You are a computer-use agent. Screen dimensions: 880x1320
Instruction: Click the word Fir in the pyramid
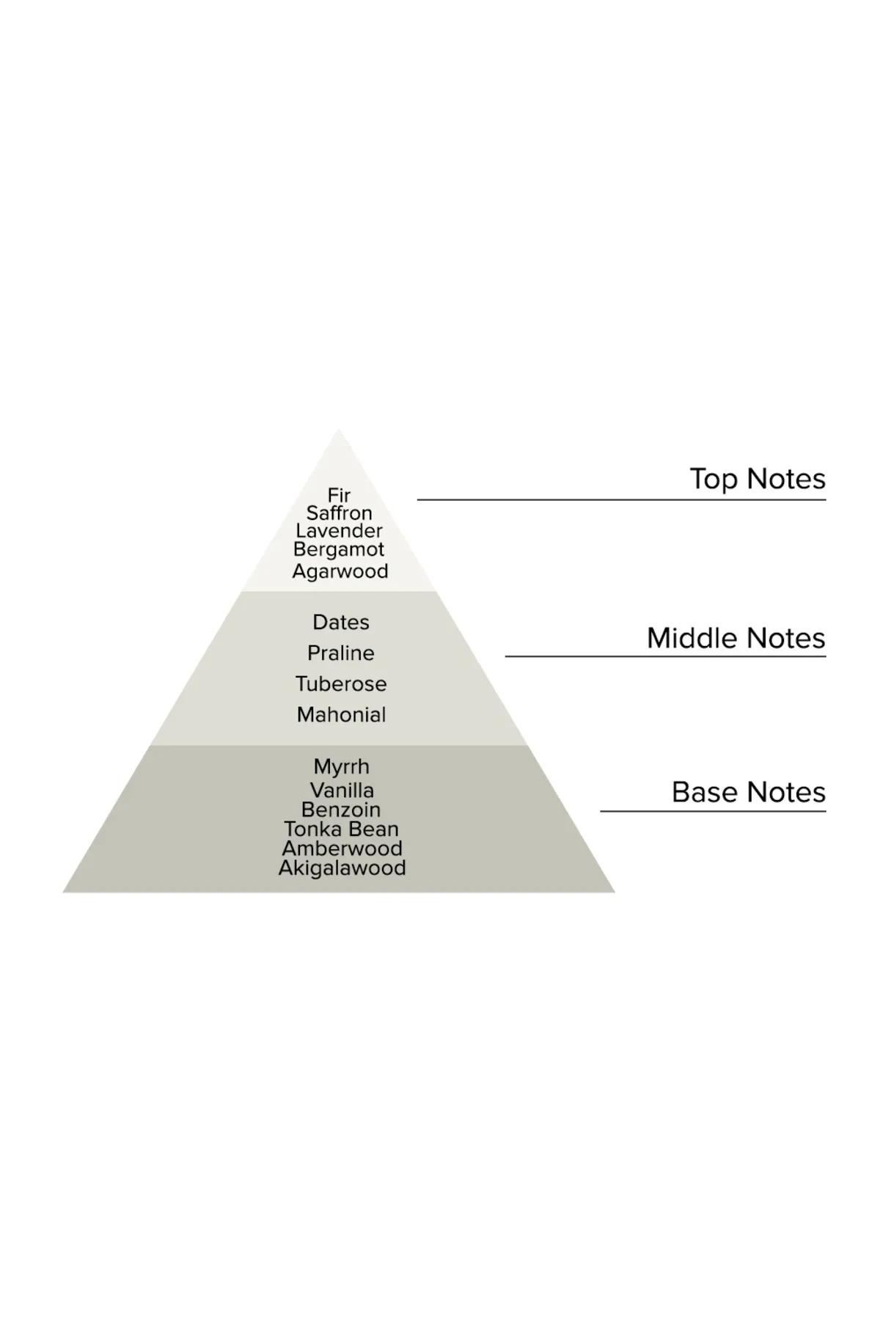point(339,496)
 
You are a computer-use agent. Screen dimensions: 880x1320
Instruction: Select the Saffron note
point(339,513)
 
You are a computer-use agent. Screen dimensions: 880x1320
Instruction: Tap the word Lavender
point(339,531)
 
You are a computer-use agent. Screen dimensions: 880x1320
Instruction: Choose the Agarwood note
point(340,572)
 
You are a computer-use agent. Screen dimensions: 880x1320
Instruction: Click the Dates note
point(341,623)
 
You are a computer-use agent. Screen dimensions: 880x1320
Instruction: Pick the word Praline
point(341,653)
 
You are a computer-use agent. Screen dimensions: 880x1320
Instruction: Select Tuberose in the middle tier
point(341,684)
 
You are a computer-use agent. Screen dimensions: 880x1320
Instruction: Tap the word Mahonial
point(341,715)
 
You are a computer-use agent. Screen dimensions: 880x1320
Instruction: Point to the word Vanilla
point(342,791)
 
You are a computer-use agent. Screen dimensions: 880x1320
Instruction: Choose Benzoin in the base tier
point(341,810)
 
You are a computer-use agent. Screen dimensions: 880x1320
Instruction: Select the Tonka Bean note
point(341,829)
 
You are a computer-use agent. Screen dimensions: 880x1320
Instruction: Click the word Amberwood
point(342,849)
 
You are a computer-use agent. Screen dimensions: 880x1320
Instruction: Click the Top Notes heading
point(758,480)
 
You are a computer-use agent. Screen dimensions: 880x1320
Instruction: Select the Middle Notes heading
point(736,639)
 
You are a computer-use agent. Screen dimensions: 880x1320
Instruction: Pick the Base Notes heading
point(749,793)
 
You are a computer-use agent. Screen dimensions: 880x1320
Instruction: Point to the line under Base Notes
point(714,811)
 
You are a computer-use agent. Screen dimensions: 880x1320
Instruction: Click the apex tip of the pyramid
point(339,430)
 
